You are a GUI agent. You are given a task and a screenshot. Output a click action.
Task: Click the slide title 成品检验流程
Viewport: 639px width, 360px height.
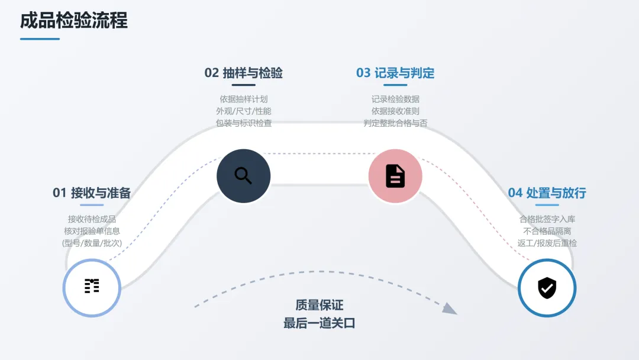(x=74, y=21)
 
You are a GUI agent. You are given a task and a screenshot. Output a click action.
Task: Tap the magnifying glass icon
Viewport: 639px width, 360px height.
(x=243, y=176)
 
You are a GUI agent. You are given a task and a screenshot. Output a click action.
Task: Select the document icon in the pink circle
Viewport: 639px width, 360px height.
(x=395, y=176)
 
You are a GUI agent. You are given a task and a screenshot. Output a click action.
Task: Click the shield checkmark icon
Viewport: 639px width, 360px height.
(x=547, y=288)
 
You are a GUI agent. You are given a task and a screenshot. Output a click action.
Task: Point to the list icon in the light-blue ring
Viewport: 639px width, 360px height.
(x=92, y=287)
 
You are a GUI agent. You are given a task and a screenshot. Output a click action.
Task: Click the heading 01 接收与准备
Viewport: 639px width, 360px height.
(x=92, y=192)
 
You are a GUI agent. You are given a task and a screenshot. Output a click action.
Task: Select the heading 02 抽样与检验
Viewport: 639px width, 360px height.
(x=244, y=73)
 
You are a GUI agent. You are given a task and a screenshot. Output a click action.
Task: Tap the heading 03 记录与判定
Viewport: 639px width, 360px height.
(x=395, y=73)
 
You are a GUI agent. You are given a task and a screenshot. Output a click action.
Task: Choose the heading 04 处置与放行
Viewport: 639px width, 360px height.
(x=547, y=192)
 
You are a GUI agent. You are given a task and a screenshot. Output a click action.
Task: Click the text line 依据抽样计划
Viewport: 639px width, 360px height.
(x=244, y=99)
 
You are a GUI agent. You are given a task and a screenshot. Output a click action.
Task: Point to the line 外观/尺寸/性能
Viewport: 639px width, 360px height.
(x=244, y=111)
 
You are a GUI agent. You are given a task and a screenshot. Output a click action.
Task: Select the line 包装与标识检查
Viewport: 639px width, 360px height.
(x=244, y=123)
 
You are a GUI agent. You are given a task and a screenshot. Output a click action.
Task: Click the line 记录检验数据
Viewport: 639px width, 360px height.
(x=395, y=99)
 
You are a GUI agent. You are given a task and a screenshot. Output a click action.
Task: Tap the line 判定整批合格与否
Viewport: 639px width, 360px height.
(x=395, y=123)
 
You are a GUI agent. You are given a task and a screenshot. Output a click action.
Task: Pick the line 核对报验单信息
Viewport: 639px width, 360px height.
(x=92, y=231)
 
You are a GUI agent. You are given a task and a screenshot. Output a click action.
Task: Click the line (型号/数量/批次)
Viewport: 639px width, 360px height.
(x=92, y=243)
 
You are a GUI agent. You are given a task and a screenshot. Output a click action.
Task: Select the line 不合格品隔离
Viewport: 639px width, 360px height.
(x=547, y=231)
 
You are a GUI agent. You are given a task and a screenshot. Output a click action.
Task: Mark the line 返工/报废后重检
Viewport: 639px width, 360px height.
(x=547, y=243)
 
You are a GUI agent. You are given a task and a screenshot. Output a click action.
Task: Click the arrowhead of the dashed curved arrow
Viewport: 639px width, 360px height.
(x=450, y=308)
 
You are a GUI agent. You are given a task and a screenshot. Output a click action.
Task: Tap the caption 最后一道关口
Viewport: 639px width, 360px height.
(x=319, y=323)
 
